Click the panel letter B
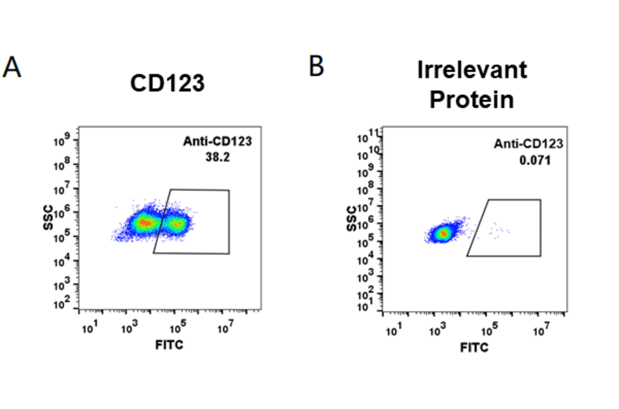pyautogui.click(x=316, y=66)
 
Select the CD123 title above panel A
pyautogui.click(x=167, y=83)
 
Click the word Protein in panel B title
pyautogui.click(x=472, y=99)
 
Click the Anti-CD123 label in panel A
pyautogui.click(x=217, y=142)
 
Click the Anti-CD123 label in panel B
pyautogui.click(x=529, y=144)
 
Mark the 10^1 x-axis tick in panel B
pyautogui.click(x=393, y=332)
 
